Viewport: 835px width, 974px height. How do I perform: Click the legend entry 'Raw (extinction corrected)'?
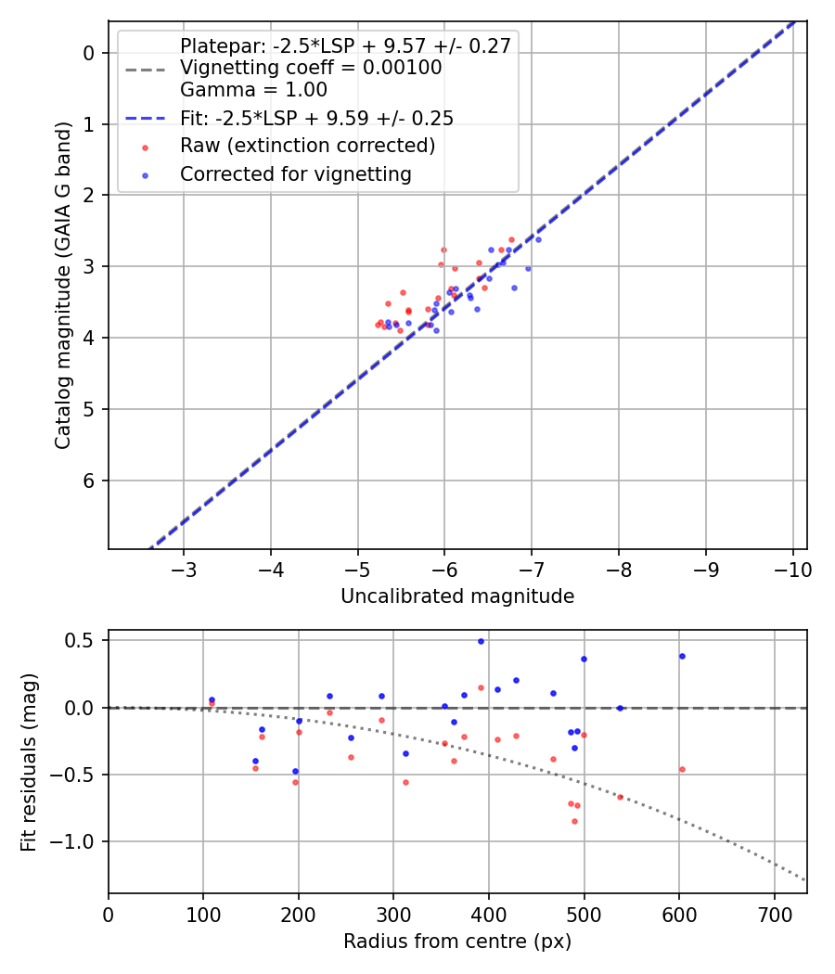pos(307,147)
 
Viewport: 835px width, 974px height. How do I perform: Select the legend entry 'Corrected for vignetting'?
pos(295,174)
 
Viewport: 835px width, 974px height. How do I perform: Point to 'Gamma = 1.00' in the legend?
pos(253,90)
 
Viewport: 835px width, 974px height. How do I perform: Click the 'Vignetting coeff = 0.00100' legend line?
pos(311,68)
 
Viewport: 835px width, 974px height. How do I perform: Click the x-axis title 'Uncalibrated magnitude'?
pos(457,596)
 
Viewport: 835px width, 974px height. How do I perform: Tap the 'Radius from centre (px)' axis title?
pos(457,942)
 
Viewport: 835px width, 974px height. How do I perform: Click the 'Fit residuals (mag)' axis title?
pos(30,762)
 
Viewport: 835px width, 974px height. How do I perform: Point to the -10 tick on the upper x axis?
pos(793,568)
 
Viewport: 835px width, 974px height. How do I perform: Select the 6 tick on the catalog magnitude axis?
pos(90,481)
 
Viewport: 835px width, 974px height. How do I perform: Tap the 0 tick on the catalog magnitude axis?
pos(90,53)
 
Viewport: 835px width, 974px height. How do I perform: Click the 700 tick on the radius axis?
pos(774,913)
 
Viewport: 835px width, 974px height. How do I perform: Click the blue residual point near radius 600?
pos(682,656)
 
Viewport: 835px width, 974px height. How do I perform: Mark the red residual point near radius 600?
pos(682,769)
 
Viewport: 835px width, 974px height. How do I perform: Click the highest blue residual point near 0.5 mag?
pos(481,641)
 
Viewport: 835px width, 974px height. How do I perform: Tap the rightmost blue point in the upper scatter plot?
pos(538,239)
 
